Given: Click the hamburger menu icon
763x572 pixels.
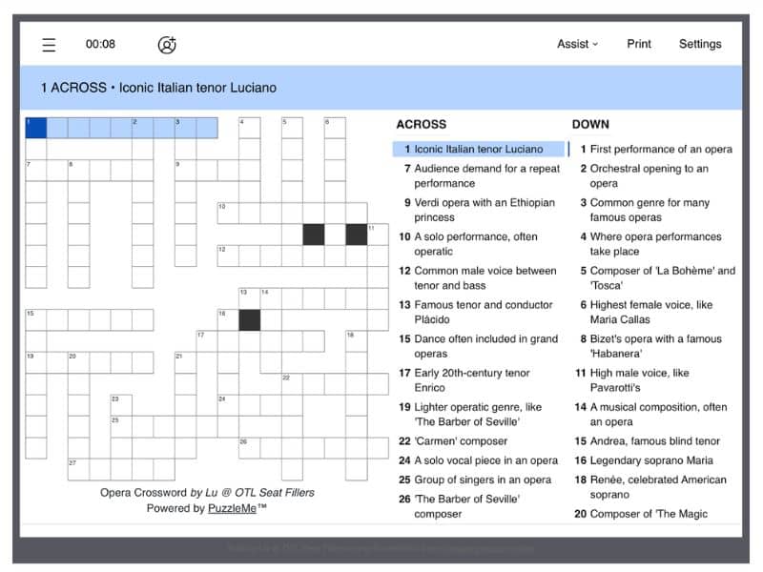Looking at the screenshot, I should [49, 45].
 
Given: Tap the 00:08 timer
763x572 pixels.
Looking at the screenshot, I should [100, 44].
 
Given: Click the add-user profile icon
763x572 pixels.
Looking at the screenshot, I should [167, 45].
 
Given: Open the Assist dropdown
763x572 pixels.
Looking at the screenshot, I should [577, 44].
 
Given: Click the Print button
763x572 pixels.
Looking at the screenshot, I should [639, 44].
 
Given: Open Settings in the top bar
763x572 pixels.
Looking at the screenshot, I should [700, 44].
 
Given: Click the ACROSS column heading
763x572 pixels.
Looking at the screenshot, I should [421, 124].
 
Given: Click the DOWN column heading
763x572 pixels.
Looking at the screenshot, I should [590, 124].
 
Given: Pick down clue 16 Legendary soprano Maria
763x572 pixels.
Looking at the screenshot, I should [658, 460].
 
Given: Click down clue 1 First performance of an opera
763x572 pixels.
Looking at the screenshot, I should [658, 149].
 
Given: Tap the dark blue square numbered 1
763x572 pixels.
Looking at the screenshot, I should [35, 128].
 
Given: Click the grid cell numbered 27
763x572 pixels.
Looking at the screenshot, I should [78, 469].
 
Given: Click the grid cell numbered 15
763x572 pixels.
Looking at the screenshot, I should [35, 319].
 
